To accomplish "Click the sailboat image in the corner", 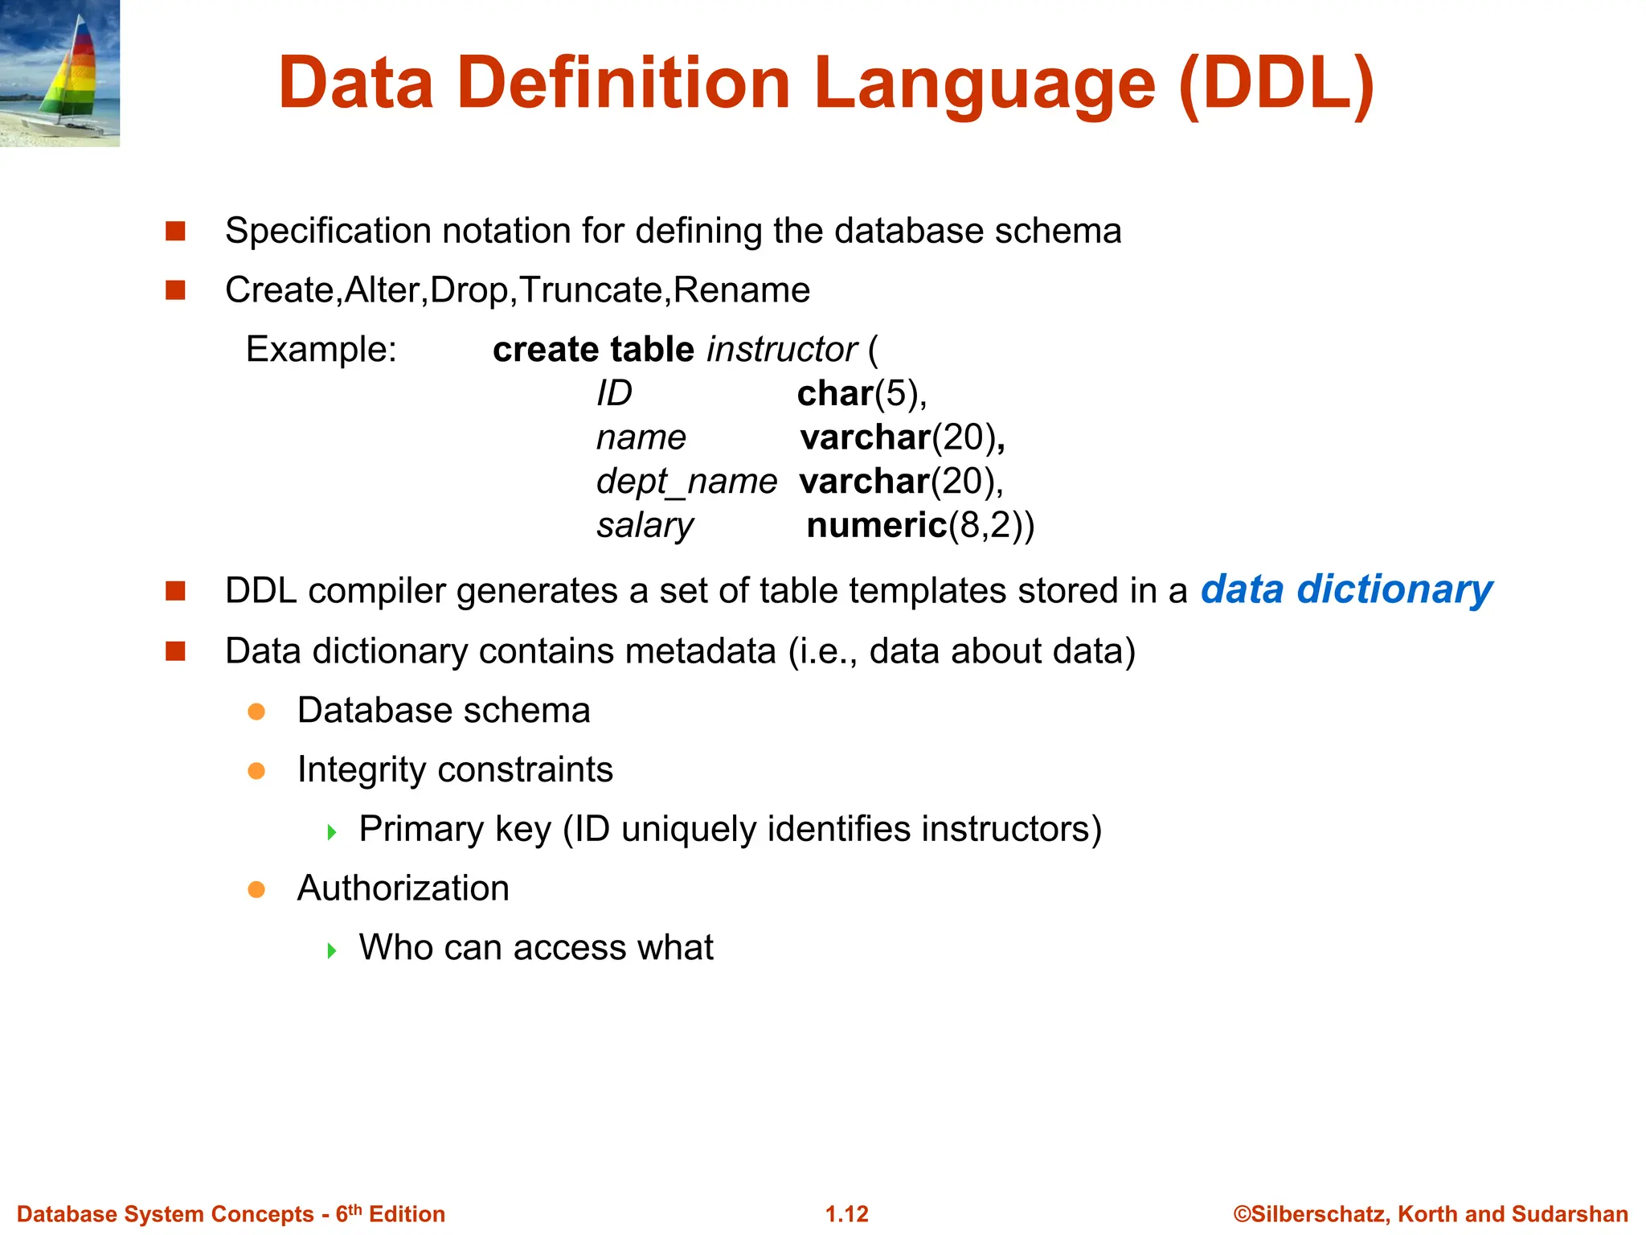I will tap(59, 72).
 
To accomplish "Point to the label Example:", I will tap(321, 350).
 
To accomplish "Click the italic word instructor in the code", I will tap(781, 350).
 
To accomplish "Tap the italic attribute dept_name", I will tap(686, 482).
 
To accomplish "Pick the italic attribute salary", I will tap(645, 526).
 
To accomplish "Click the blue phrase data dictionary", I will tap(1346, 589).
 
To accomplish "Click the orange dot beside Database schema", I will tap(256, 712).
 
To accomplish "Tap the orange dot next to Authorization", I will tap(256, 889).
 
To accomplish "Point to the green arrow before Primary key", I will tap(332, 831).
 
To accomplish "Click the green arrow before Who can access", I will tap(332, 950).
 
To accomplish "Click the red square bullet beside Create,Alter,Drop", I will tap(175, 290).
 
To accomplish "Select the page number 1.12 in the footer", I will tap(846, 1214).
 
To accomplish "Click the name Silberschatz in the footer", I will tap(1318, 1214).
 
